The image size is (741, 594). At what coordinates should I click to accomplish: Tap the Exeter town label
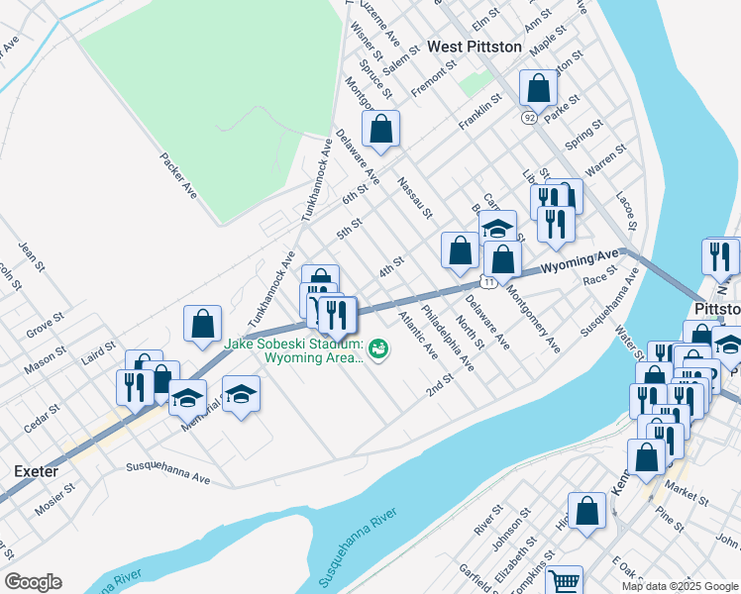(35, 471)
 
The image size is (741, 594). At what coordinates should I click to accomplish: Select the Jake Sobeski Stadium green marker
(378, 348)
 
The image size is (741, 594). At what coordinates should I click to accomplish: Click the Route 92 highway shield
(530, 117)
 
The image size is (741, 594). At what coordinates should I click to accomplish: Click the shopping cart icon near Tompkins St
(564, 581)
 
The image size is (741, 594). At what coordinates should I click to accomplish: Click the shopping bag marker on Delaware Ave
(380, 128)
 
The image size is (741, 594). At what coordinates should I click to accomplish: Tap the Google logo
(33, 582)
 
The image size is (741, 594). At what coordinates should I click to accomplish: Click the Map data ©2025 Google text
(679, 586)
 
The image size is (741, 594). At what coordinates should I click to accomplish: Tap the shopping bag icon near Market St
(646, 456)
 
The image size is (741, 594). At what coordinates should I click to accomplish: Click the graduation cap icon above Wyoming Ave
(497, 228)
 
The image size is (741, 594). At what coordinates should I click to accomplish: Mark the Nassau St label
(415, 198)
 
